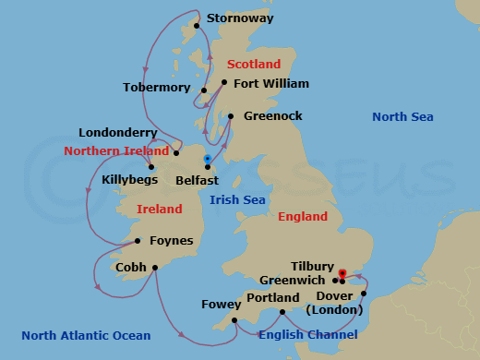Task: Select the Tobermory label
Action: (156, 88)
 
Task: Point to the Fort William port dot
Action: (224, 82)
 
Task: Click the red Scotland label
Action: (253, 65)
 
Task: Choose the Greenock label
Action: (272, 117)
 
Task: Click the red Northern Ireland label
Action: (116, 150)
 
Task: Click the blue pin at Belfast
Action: (208, 160)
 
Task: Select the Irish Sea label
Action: (237, 199)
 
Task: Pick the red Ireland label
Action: (159, 210)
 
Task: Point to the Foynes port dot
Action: (137, 241)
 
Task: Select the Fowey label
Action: (220, 304)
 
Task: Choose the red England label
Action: (303, 217)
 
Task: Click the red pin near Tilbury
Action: (342, 274)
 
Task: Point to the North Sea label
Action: (402, 117)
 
